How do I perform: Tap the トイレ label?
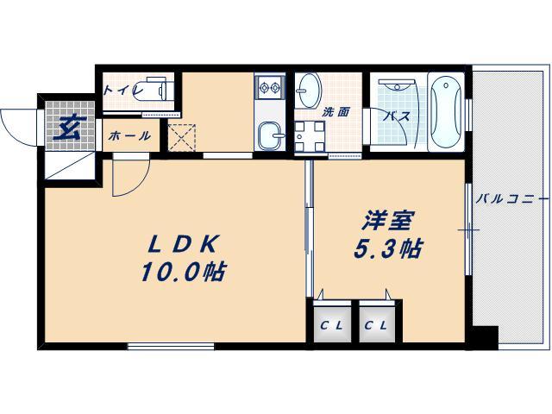118,89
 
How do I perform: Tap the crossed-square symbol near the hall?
182,138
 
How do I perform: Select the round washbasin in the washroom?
308,88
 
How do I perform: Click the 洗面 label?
336,111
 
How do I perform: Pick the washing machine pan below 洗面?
310,138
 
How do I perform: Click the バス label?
396,116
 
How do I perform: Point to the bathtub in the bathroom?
444,113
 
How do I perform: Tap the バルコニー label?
512,199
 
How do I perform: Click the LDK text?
183,243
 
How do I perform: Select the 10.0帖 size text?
183,273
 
